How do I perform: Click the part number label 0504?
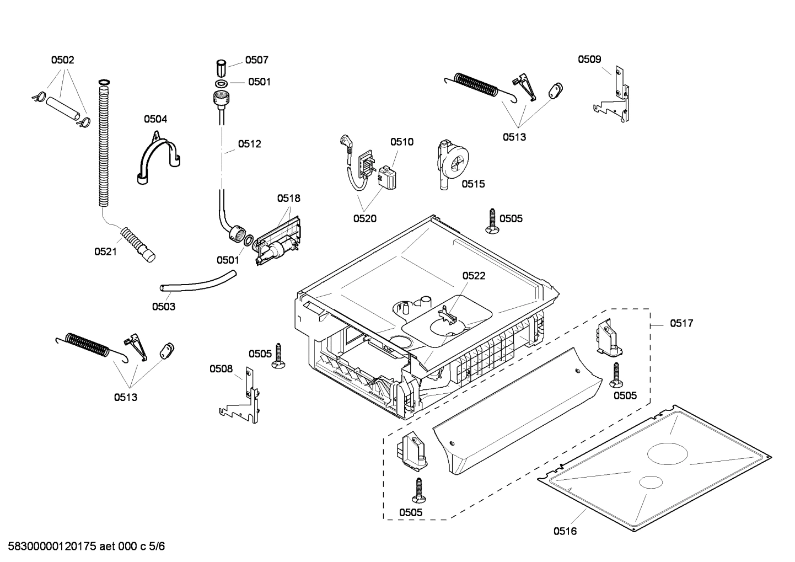(x=155, y=119)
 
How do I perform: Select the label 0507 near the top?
(x=257, y=60)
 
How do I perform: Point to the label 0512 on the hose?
(x=249, y=144)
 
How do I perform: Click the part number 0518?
(x=288, y=198)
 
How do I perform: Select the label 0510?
(x=401, y=142)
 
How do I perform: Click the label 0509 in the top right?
(x=589, y=60)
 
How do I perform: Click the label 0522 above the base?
(x=474, y=276)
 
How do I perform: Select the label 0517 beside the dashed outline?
(x=681, y=324)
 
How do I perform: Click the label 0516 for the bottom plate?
(x=565, y=531)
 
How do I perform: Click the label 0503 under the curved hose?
(x=164, y=307)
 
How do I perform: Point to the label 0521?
(x=105, y=251)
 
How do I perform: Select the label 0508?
(x=221, y=369)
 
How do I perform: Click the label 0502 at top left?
(x=63, y=60)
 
